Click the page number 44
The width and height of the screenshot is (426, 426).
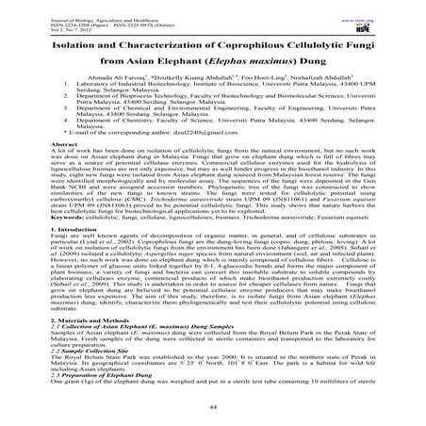[x=212, y=406]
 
